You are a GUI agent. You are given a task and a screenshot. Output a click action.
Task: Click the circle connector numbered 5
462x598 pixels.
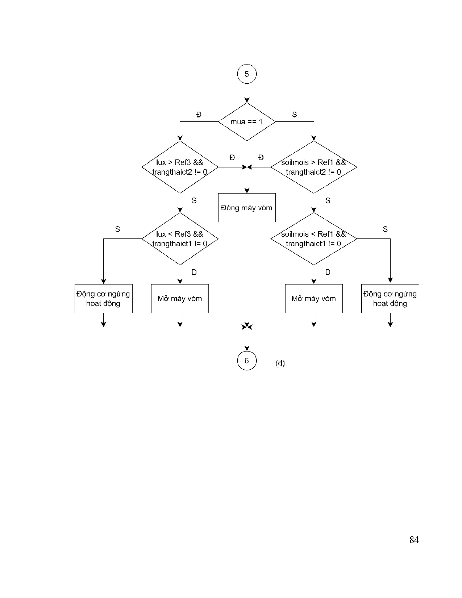(247, 74)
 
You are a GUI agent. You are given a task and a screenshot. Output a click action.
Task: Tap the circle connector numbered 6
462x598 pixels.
(247, 361)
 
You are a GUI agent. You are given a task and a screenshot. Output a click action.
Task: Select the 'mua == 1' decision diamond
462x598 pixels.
(247, 122)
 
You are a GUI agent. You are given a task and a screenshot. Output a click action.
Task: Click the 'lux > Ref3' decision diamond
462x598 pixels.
(180, 167)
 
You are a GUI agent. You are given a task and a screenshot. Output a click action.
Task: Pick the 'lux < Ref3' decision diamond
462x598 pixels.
(180, 239)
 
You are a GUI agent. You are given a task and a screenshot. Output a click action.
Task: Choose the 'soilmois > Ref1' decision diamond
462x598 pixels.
(314, 167)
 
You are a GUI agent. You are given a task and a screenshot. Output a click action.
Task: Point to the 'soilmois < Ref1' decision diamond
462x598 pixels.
(314, 239)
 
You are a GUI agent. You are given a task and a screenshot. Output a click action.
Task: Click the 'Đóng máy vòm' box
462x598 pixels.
(247, 208)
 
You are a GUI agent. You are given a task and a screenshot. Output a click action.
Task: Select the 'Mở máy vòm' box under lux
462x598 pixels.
(180, 299)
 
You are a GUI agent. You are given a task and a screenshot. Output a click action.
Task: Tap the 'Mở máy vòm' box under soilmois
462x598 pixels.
(314, 299)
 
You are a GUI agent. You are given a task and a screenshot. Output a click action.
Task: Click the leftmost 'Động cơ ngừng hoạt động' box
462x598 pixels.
(104, 299)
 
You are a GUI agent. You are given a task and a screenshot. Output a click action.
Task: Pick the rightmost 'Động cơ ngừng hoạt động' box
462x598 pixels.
(390, 299)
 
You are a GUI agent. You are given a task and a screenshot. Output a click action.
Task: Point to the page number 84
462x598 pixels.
(414, 540)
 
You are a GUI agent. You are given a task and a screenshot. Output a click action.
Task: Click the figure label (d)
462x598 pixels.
(280, 363)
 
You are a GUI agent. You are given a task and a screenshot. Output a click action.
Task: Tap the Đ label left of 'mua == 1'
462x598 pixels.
(199, 115)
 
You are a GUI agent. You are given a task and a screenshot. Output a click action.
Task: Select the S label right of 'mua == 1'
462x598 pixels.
(295, 115)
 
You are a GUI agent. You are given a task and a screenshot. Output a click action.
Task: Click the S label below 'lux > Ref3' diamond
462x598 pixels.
(194, 201)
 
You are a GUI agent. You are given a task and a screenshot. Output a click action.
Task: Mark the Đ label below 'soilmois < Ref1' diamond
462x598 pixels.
(328, 272)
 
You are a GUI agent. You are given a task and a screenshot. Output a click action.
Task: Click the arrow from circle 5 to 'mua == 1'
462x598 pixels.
(247, 93)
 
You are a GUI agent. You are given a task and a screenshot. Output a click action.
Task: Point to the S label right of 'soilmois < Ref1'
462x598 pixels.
(385, 229)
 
